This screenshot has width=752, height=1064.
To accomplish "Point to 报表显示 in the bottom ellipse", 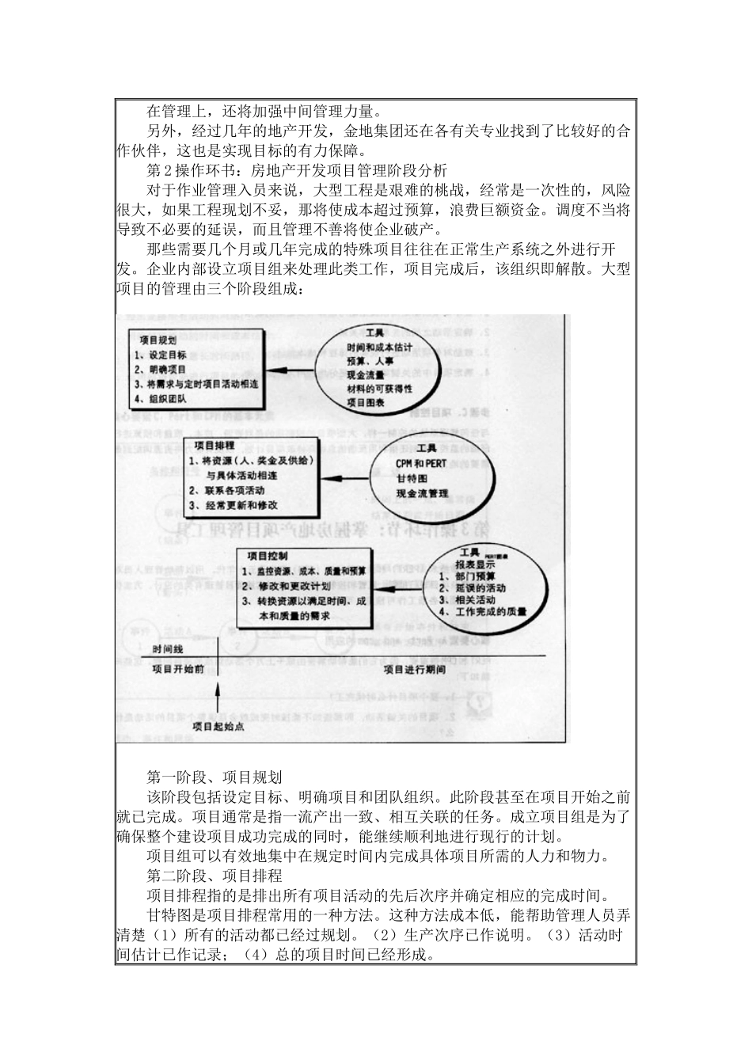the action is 475,565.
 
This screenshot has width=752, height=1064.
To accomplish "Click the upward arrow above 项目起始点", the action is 218,697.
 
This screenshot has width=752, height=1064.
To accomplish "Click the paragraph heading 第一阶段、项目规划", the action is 215,777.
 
